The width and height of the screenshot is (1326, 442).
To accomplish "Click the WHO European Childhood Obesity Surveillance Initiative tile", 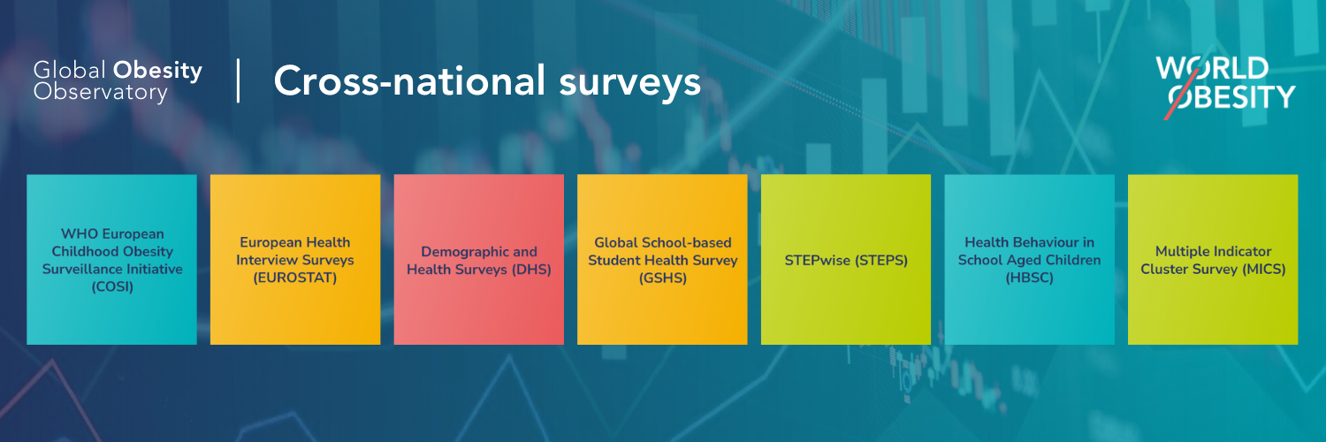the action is [x=112, y=259].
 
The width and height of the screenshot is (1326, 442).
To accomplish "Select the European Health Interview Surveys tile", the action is [x=295, y=259].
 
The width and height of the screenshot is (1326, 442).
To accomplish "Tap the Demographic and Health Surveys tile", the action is [x=479, y=259].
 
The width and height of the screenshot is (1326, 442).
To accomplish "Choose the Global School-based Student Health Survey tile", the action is [x=662, y=259].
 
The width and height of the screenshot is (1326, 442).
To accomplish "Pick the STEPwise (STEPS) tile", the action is [x=846, y=259].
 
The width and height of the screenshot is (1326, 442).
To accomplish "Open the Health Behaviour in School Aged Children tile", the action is [x=1030, y=259].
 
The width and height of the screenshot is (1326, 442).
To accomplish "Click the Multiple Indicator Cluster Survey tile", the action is [x=1213, y=259].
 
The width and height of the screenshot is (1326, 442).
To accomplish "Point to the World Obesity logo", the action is [x=1225, y=87].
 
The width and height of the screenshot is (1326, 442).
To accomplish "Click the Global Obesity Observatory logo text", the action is [x=118, y=81].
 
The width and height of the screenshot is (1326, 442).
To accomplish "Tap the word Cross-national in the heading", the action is [x=409, y=81].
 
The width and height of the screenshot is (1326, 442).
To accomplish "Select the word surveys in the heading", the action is [x=629, y=83].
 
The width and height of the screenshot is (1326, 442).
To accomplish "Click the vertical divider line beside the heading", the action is [x=238, y=80].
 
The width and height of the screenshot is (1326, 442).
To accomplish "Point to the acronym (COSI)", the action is [x=112, y=287].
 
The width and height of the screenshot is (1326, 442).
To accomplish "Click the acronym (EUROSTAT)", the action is [x=294, y=278].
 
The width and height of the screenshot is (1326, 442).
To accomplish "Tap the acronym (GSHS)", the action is [x=663, y=278].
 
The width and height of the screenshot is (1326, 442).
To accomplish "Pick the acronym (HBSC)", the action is [x=1030, y=278].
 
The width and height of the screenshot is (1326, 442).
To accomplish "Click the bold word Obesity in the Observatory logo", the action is [x=157, y=71].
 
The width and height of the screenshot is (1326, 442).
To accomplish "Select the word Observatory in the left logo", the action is [x=101, y=93].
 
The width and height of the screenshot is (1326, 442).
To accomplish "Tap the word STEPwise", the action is [x=818, y=261].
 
